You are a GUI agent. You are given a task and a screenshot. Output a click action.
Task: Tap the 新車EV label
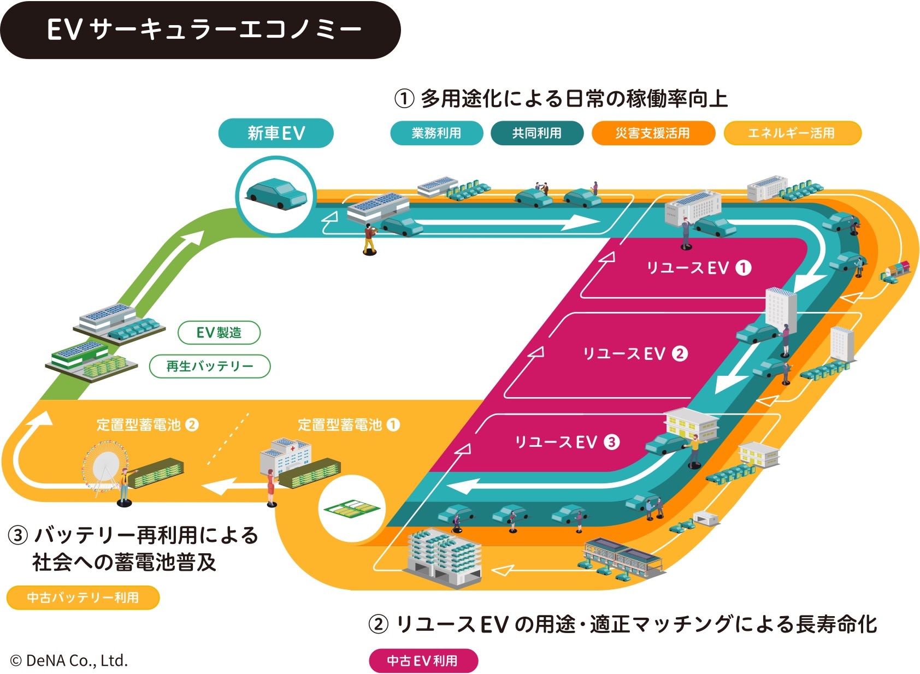click(276, 133)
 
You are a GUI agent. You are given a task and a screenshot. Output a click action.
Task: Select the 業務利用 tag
click(437, 133)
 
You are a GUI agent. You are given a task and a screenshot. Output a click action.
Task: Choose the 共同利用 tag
click(537, 133)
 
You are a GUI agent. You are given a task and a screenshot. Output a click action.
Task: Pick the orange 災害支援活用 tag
click(653, 133)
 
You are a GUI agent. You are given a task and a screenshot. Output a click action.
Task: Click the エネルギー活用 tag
click(792, 133)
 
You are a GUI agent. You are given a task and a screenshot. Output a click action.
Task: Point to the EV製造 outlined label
click(219, 333)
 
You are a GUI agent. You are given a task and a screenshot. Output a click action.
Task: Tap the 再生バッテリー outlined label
click(210, 366)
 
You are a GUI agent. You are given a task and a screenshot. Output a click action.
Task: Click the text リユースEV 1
click(699, 268)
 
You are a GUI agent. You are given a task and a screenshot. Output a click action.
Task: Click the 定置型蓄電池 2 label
click(148, 425)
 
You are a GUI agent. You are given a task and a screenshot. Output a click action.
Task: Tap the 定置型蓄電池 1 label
click(349, 425)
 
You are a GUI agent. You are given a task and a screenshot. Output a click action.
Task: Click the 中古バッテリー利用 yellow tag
click(83, 598)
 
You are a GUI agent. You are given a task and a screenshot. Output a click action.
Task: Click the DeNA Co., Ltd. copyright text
click(69, 661)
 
